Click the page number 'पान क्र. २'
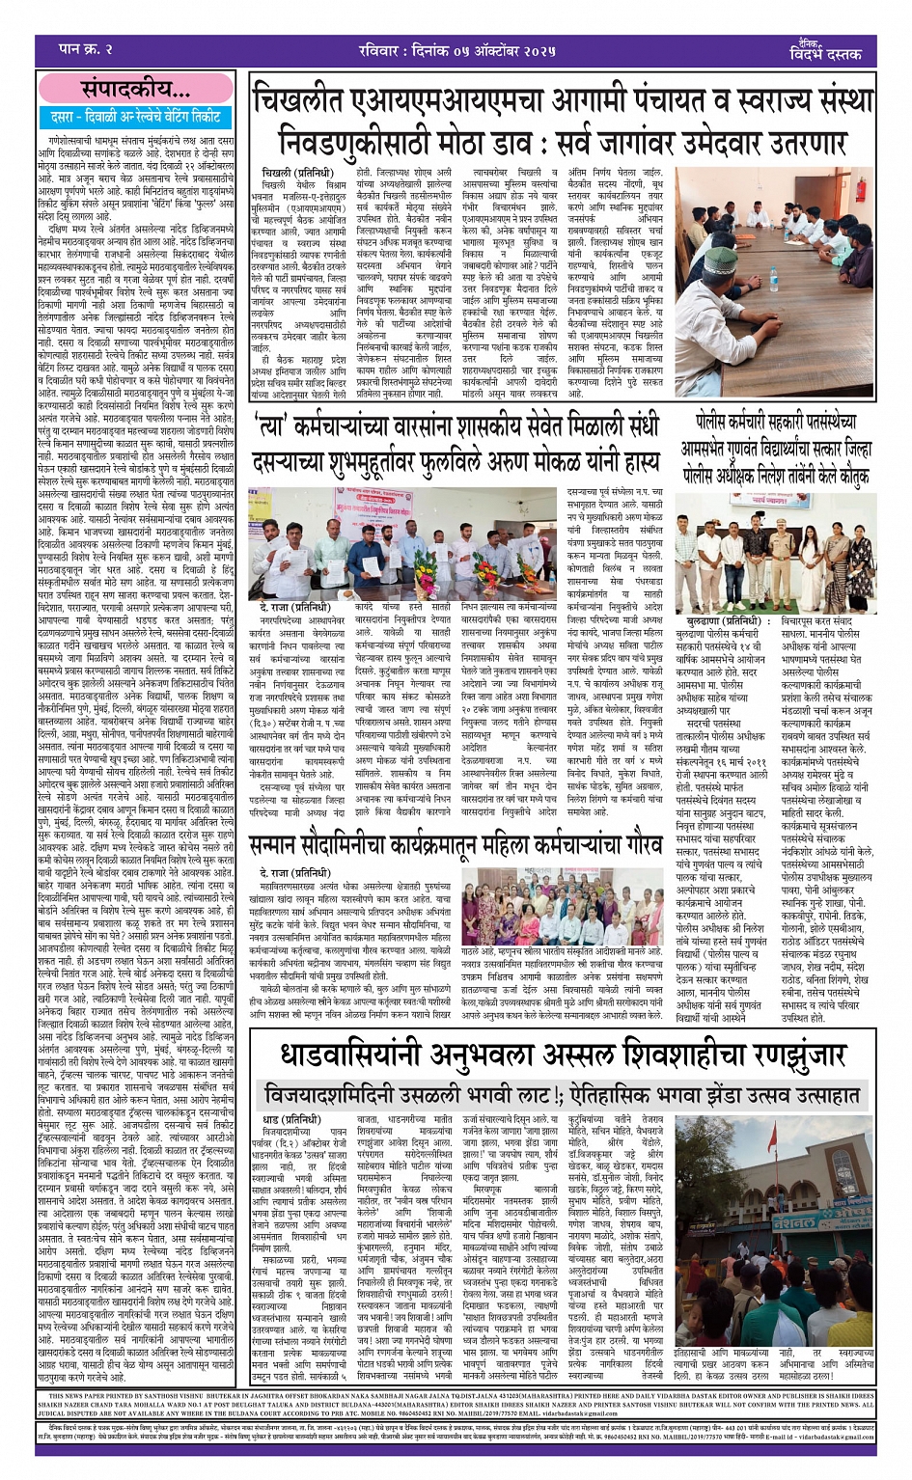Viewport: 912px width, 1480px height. tap(86, 47)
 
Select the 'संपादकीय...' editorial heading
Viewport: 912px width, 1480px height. tap(136, 91)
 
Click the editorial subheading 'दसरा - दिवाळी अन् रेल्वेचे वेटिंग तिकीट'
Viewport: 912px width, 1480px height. tap(136, 117)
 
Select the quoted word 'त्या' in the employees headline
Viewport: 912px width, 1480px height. tap(276, 425)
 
